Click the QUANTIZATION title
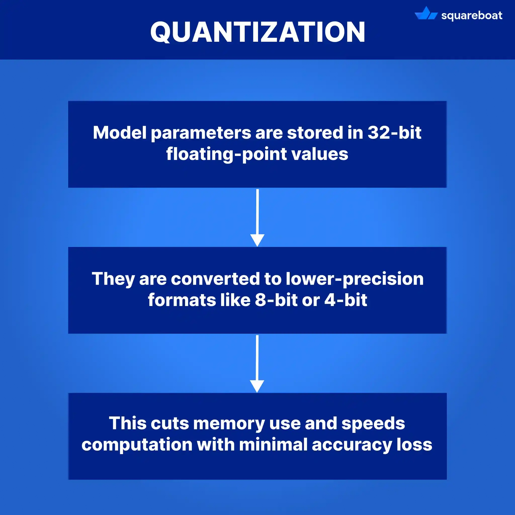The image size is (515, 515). (x=257, y=32)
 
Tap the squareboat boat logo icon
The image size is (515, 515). (x=426, y=14)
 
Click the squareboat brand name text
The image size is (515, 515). (x=471, y=15)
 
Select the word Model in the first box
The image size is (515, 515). (x=120, y=133)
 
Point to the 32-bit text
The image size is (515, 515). (x=394, y=133)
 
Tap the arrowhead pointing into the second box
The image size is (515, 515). (x=257, y=240)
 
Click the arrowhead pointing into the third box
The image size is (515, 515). (x=257, y=386)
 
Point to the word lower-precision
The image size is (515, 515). (x=355, y=279)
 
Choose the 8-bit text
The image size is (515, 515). (x=276, y=300)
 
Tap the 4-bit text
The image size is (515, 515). (x=346, y=300)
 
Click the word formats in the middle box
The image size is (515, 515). (x=182, y=300)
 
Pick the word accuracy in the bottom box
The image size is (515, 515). (x=352, y=445)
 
